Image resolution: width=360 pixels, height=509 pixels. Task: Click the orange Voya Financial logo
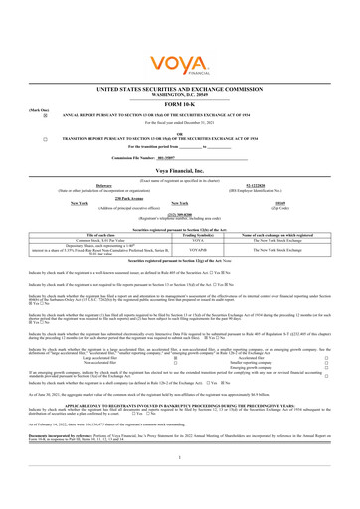[179, 41]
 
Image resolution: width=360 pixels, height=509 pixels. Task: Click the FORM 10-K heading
[179, 103]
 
